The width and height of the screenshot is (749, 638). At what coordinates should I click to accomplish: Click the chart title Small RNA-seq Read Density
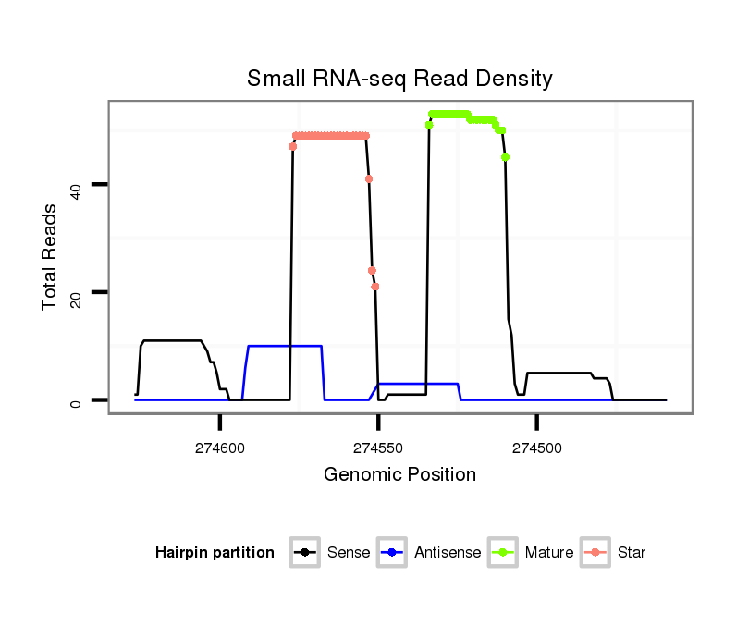(399, 79)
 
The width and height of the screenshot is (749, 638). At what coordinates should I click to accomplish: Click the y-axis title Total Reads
(50, 256)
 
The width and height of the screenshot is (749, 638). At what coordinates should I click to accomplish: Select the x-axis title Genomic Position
(399, 475)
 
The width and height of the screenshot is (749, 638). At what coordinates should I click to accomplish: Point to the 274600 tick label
(220, 448)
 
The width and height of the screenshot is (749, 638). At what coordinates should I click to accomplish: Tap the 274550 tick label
(379, 448)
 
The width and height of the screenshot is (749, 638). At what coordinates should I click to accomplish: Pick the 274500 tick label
(538, 448)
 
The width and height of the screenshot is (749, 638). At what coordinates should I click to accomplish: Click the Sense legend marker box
(304, 553)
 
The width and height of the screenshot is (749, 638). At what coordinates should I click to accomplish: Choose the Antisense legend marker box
(392, 553)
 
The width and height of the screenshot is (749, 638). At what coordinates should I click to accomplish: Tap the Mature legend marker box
(503, 553)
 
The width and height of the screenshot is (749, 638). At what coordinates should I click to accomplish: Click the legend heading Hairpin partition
(215, 553)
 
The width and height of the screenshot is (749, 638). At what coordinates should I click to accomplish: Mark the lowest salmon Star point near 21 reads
(375, 287)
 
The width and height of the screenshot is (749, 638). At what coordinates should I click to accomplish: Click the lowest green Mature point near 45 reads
(506, 157)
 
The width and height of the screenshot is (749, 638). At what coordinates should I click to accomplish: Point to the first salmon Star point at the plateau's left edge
(293, 146)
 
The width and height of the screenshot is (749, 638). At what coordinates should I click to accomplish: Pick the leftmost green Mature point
(429, 125)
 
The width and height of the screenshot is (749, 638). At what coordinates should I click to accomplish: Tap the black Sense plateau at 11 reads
(172, 341)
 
